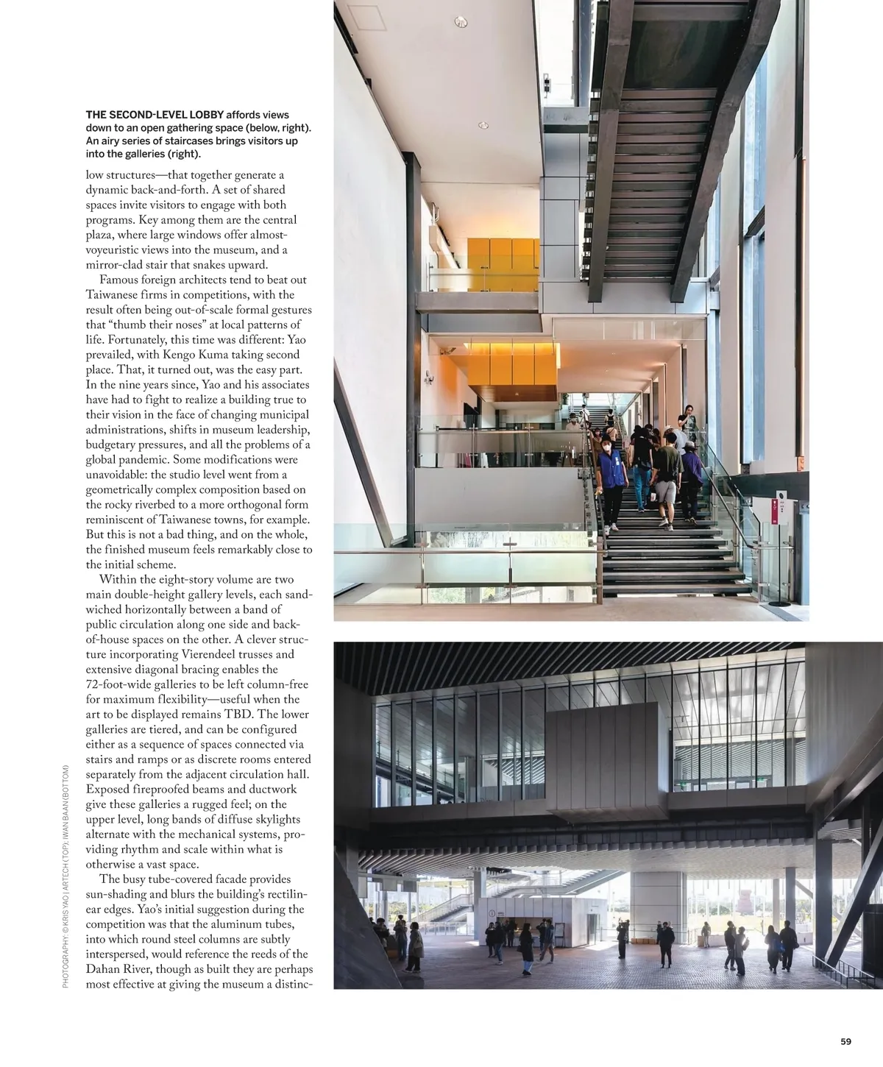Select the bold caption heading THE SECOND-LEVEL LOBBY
pyautogui.click(x=155, y=115)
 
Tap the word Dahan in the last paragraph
pyautogui.click(x=105, y=969)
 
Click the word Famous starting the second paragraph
pyautogui.click(x=121, y=280)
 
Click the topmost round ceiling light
pyautogui.click(x=461, y=23)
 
